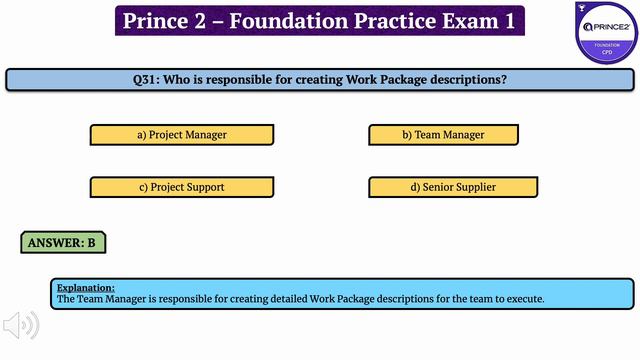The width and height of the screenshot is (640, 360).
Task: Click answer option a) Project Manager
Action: (181, 134)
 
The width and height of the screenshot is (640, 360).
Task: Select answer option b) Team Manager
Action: (443, 134)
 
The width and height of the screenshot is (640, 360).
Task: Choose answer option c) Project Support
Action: (181, 187)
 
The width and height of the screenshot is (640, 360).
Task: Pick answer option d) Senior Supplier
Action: (452, 187)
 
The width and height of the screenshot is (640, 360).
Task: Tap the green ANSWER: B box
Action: (62, 242)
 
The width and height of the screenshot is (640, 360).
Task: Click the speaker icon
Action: (21, 325)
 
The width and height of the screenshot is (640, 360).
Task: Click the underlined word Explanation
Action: (86, 287)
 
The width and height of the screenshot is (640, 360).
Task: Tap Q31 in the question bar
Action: (147, 79)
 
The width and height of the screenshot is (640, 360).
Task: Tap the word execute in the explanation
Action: (522, 299)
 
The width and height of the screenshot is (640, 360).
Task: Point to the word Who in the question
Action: (184, 79)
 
